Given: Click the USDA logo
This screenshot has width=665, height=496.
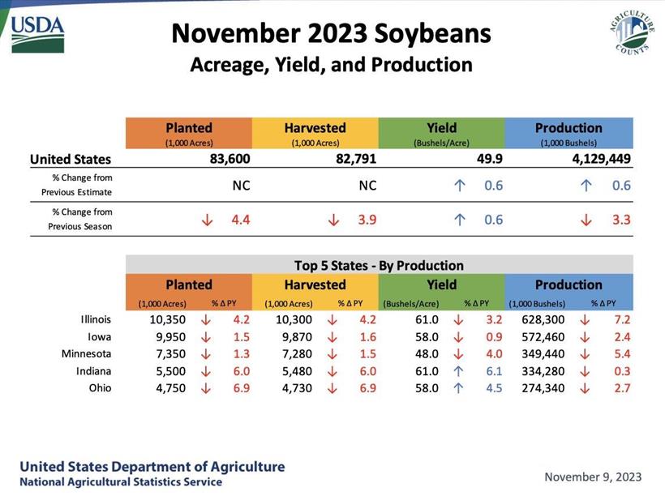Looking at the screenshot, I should pyautogui.click(x=38, y=34).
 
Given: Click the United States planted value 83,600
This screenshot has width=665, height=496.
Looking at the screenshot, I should pyautogui.click(x=227, y=160).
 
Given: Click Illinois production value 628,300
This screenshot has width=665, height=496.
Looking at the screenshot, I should pyautogui.click(x=537, y=319).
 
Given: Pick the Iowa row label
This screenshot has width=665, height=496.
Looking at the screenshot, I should pyautogui.click(x=100, y=336).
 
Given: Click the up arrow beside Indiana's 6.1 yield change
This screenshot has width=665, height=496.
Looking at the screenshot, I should pyautogui.click(x=458, y=371).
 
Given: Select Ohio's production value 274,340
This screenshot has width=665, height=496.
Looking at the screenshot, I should pyautogui.click(x=537, y=388).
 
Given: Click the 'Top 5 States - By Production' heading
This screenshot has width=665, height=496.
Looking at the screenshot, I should pyautogui.click(x=379, y=265).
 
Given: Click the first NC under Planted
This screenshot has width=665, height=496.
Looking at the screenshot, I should pyautogui.click(x=241, y=186).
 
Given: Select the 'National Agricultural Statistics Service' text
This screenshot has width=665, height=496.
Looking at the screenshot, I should pyautogui.click(x=120, y=482).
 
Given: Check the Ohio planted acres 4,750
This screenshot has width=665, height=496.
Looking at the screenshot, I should pyautogui.click(x=169, y=388).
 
